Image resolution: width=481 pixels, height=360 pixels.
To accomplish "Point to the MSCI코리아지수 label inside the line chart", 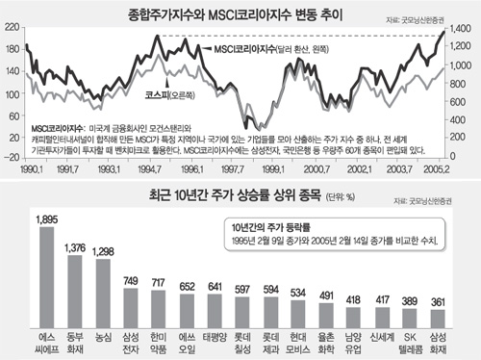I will [244, 47].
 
